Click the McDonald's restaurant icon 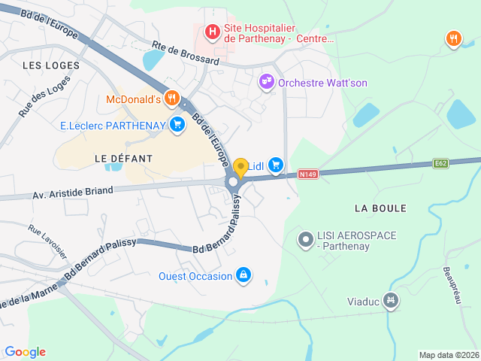(x=172, y=99)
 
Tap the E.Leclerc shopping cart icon (x=177, y=124)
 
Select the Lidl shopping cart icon (x=276, y=164)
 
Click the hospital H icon (x=213, y=32)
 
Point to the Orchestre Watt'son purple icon (x=266, y=82)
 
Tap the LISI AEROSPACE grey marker (x=305, y=241)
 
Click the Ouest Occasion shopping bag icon (x=244, y=276)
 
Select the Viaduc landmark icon (x=390, y=302)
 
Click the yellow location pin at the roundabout (x=240, y=168)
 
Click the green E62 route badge (x=441, y=162)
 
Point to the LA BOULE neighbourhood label (x=380, y=208)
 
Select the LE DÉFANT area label (x=123, y=159)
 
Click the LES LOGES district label (x=51, y=65)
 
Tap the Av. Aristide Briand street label (x=72, y=193)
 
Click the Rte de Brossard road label (x=185, y=53)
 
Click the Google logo (x=25, y=351)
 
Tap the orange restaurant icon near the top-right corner (x=453, y=38)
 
